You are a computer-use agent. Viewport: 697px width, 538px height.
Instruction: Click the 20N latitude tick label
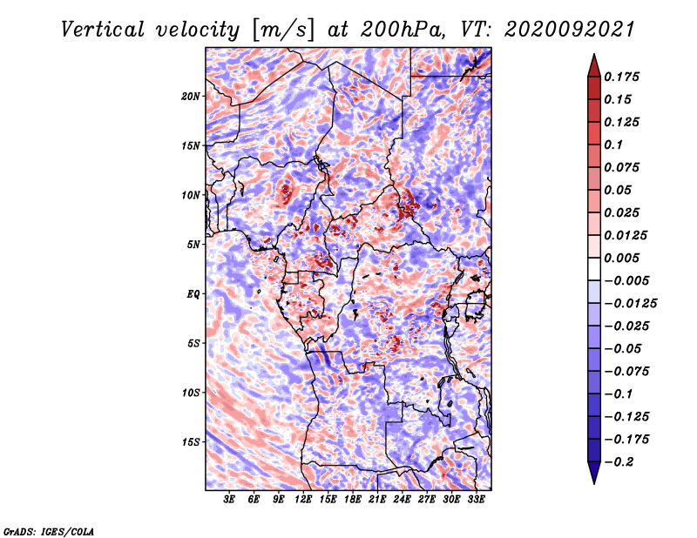tap(191, 97)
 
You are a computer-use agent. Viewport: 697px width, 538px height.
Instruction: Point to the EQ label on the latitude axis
tap(193, 294)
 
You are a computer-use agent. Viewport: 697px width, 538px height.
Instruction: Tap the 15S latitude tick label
tap(191, 442)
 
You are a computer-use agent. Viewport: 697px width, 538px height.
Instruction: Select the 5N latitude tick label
tap(193, 245)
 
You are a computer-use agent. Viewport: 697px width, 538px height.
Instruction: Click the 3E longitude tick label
tap(229, 499)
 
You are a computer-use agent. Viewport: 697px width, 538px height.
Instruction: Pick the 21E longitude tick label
tap(377, 499)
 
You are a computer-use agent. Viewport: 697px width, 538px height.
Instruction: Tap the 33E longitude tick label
tap(476, 499)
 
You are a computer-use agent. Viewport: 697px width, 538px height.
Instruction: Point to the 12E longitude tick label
tap(303, 499)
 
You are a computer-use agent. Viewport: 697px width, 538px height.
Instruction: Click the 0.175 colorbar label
tap(621, 77)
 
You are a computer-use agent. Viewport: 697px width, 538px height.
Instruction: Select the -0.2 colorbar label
tap(619, 462)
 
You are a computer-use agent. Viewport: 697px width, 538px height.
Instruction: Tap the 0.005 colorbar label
tap(621, 258)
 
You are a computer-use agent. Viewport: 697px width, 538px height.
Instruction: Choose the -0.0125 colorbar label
tap(630, 304)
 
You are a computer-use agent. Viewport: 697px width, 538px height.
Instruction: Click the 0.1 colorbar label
tap(613, 145)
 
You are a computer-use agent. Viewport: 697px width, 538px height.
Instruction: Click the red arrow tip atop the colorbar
tap(594, 55)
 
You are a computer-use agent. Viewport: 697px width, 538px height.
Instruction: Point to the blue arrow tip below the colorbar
tap(594, 483)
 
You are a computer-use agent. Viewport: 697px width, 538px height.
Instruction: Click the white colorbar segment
tap(594, 269)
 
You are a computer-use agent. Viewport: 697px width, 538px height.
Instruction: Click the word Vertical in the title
tap(103, 30)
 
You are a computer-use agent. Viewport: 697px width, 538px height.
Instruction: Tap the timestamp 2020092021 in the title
tap(570, 30)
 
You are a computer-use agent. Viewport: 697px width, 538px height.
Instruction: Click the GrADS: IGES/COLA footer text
tap(49, 532)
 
